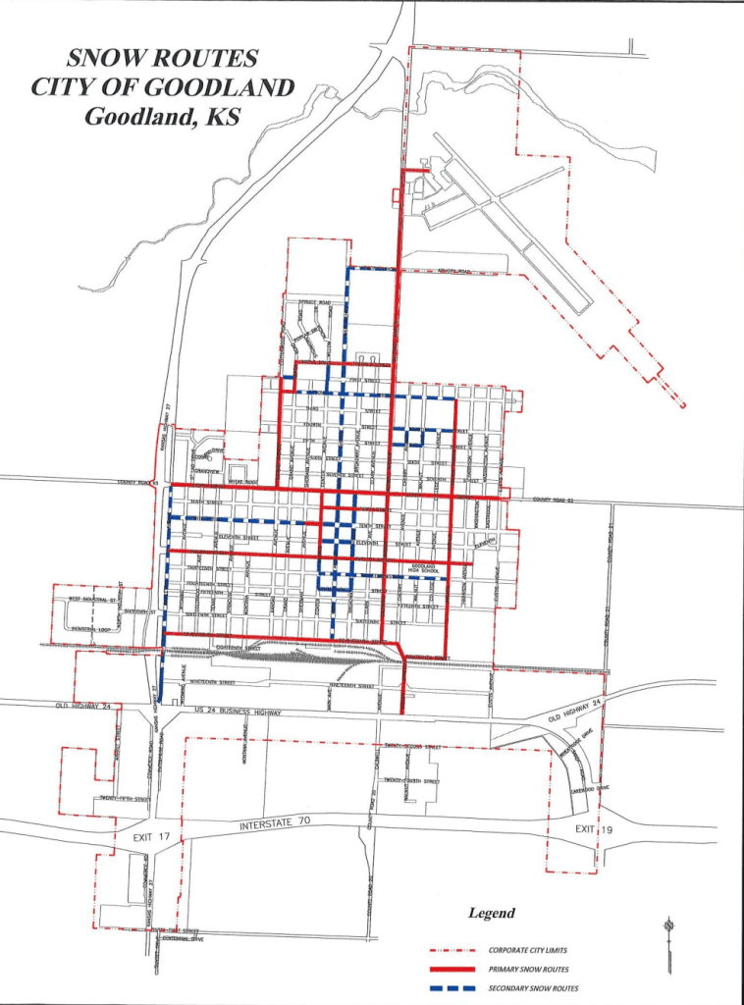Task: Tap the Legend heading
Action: (491, 913)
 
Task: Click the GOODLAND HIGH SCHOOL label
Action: (423, 569)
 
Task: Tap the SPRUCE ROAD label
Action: (314, 302)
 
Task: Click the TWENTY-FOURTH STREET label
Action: (411, 781)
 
